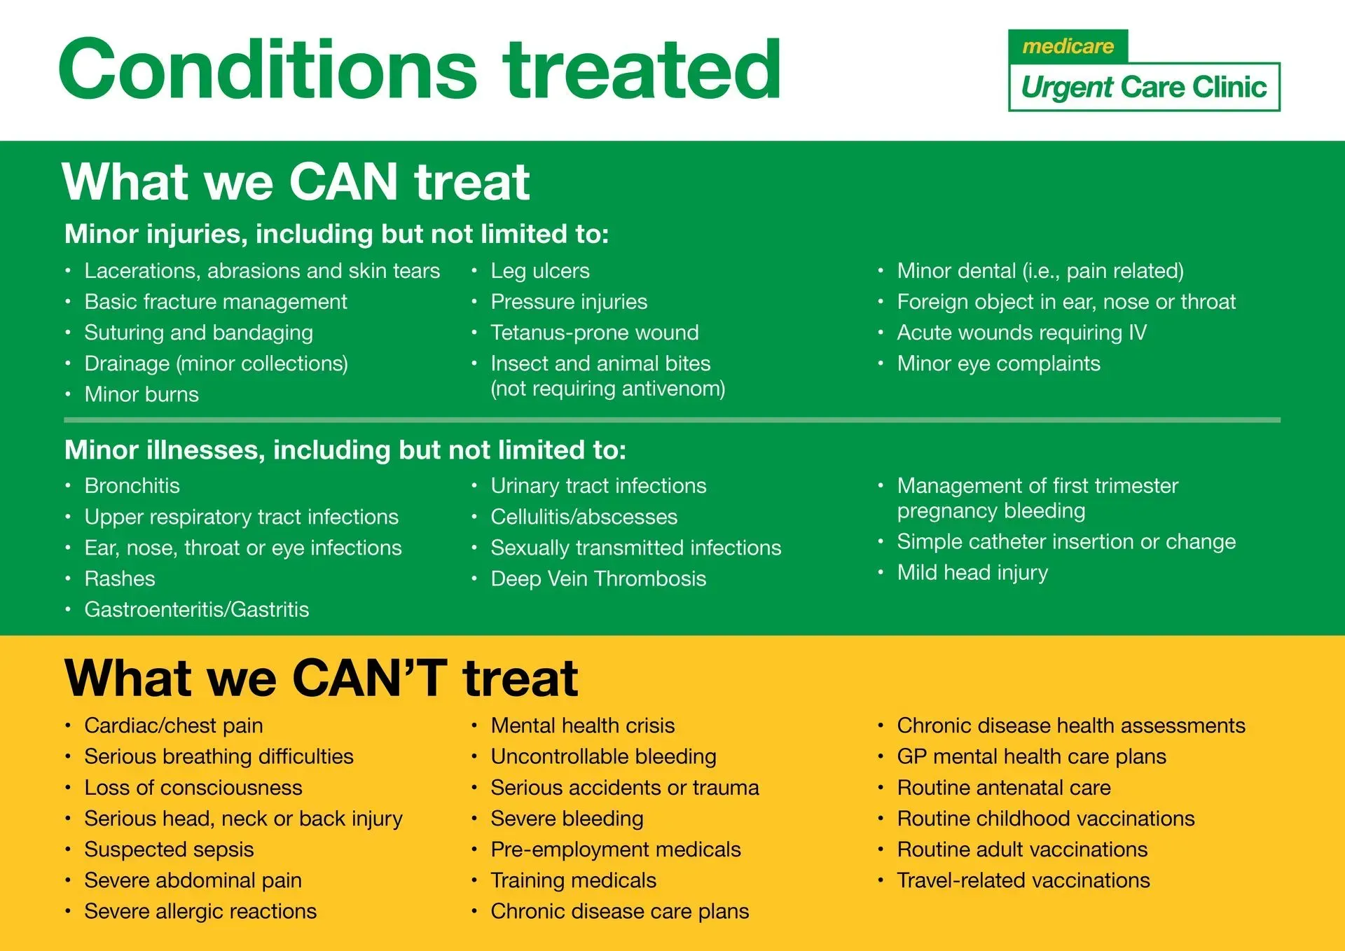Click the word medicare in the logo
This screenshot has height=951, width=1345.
(1068, 46)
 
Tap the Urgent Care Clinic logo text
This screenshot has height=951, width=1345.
(1143, 88)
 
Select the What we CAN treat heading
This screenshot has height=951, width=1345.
(296, 182)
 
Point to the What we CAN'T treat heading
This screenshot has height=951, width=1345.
(321, 678)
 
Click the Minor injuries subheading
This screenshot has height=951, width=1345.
(336, 234)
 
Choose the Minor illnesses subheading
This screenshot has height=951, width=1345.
(345, 450)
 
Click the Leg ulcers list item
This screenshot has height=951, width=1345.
(539, 271)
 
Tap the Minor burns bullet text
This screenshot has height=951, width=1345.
(142, 394)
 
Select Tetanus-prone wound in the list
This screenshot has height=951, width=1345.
(594, 333)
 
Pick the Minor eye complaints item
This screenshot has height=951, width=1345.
(998, 363)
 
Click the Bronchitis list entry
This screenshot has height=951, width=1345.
(132, 486)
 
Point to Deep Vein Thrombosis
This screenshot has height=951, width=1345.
(598, 578)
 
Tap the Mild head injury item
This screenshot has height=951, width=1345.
(972, 573)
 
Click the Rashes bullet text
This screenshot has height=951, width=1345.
(120, 578)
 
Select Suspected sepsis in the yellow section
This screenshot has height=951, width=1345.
(169, 849)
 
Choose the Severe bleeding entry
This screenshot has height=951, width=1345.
(567, 819)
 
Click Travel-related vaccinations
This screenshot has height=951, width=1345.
(1023, 880)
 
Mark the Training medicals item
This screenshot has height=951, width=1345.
(573, 880)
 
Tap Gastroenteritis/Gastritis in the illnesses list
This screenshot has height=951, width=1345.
(196, 609)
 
